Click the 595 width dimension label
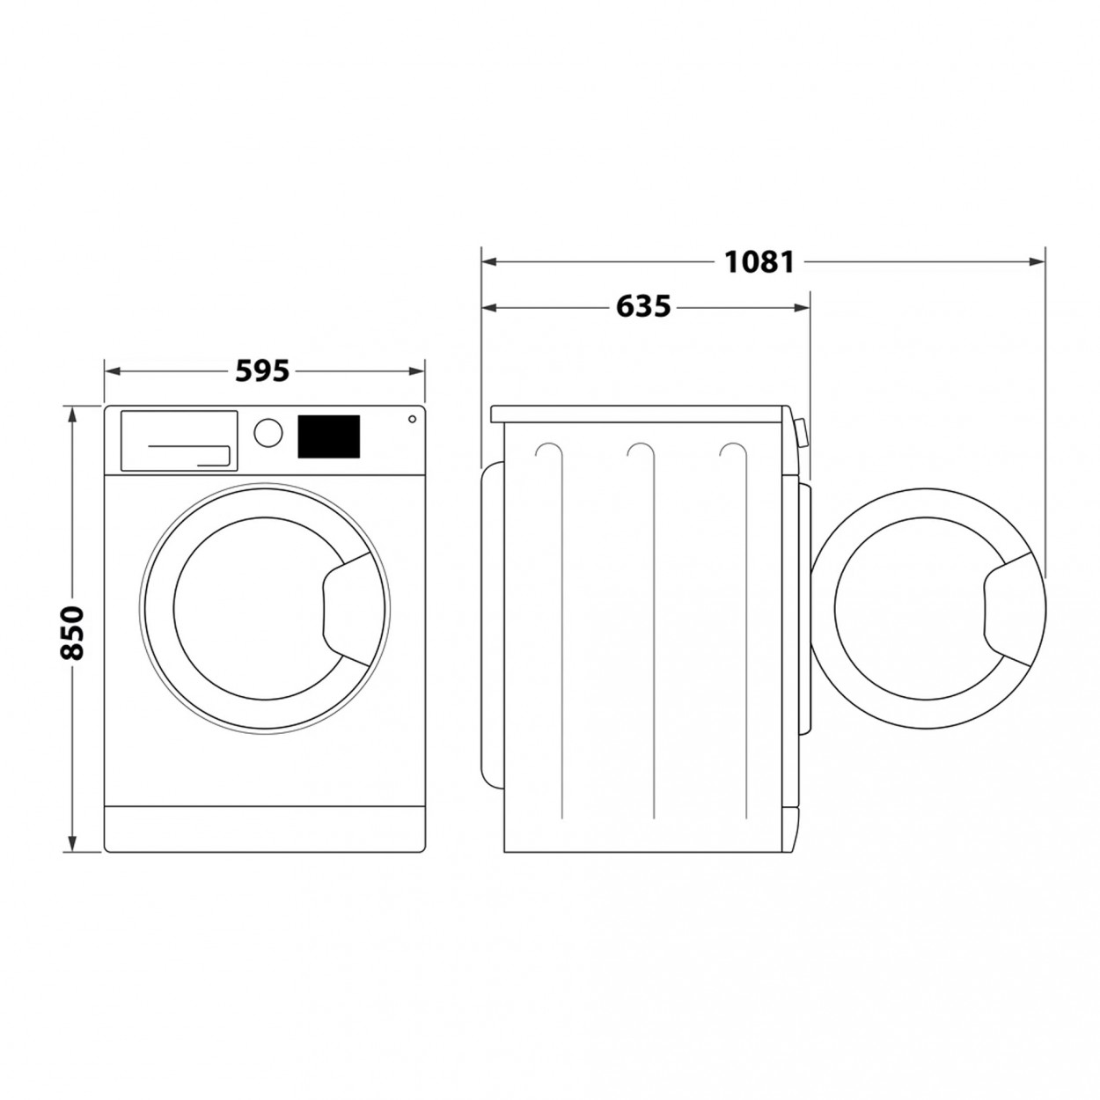(262, 371)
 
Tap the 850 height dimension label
(71, 632)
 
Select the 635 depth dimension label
(643, 306)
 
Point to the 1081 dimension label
(759, 261)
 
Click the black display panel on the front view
(329, 436)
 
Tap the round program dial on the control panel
(268, 431)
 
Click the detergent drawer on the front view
(179, 441)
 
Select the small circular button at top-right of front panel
(412, 420)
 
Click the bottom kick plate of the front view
(264, 827)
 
